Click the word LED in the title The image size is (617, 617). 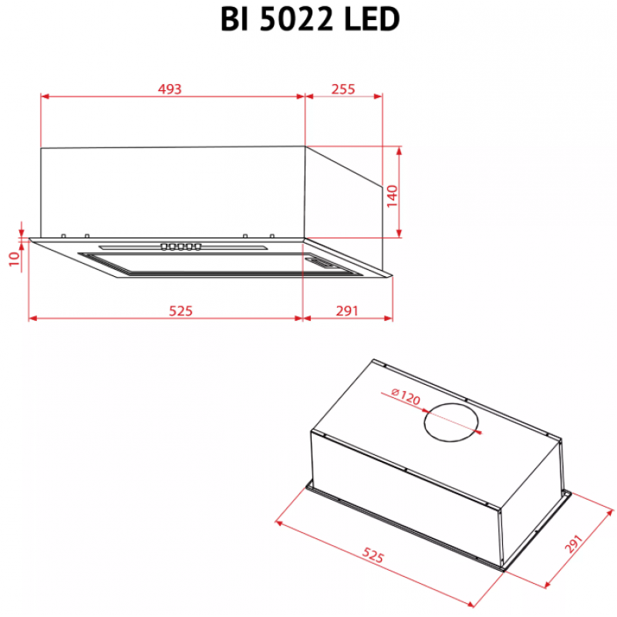(372, 19)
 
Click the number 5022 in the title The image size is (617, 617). (296, 19)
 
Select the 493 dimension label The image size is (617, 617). (170, 89)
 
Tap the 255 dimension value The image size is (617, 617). (343, 89)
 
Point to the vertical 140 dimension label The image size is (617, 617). (392, 196)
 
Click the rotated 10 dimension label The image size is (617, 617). (15, 258)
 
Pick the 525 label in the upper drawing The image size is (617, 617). (180, 311)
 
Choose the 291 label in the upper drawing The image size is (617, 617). (347, 311)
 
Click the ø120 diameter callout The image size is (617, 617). (406, 396)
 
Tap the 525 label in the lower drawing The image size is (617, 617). (373, 555)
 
